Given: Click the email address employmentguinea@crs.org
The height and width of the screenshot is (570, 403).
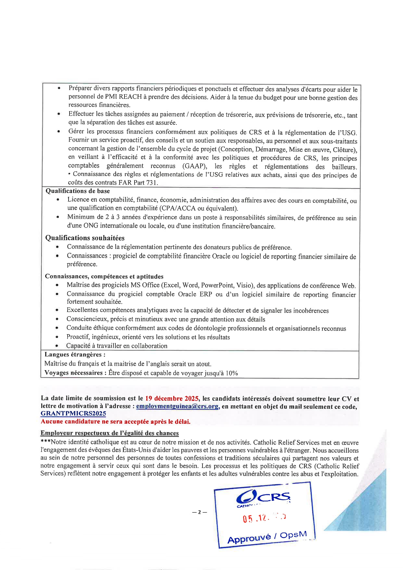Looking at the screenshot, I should click(x=177, y=406).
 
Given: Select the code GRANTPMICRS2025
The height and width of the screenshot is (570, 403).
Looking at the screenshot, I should click(x=73, y=414).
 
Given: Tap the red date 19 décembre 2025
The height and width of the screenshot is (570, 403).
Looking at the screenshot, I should click(x=172, y=398).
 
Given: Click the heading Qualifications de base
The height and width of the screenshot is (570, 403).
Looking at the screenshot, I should click(x=78, y=191).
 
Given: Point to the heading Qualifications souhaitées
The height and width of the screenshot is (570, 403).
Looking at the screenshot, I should click(x=85, y=238).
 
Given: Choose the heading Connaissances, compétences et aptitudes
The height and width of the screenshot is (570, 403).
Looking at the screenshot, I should click(x=104, y=277).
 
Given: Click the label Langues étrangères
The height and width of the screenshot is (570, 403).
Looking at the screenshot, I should click(x=75, y=355).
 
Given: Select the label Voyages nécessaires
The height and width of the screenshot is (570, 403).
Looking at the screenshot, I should click(x=75, y=373).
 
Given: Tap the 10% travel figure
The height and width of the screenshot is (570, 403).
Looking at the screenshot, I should click(x=232, y=373).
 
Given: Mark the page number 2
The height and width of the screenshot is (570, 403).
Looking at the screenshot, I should click(x=200, y=512).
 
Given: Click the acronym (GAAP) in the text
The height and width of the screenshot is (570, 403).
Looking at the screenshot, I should click(x=194, y=166).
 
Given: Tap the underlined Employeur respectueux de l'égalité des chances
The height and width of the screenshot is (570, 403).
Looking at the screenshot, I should click(x=110, y=433).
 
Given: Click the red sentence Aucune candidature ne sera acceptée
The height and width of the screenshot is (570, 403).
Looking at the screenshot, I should click(x=115, y=422).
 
